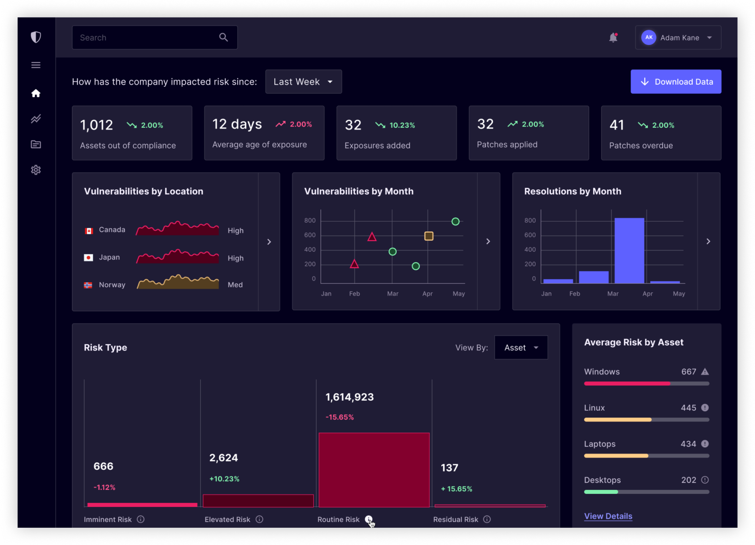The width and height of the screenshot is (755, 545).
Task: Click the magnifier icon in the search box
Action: click(x=223, y=37)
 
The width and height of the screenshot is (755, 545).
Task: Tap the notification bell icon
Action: click(x=613, y=38)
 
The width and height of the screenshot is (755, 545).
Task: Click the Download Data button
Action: click(x=676, y=82)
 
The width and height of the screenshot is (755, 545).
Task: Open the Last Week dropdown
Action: click(x=304, y=82)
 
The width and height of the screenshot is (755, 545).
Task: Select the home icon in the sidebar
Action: click(x=36, y=93)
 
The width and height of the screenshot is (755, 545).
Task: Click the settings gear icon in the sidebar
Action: click(x=36, y=170)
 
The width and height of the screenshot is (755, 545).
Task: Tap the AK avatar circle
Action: click(x=649, y=37)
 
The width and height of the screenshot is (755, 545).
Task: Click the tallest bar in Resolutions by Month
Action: click(x=629, y=250)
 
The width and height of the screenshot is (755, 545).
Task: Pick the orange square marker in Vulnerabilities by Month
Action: click(x=429, y=236)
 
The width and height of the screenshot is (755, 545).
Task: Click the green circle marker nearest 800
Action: click(x=455, y=221)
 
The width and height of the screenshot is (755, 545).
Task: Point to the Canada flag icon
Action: click(x=89, y=231)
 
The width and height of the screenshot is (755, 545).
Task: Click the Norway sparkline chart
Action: click(x=178, y=283)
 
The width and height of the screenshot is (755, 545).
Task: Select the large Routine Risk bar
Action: click(x=374, y=470)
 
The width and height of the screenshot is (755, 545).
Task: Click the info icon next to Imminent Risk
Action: click(x=141, y=519)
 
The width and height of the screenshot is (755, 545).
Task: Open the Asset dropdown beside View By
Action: click(x=521, y=348)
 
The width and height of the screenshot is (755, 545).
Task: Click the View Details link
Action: click(x=608, y=516)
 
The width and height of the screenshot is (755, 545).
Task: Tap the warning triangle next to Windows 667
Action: click(x=705, y=372)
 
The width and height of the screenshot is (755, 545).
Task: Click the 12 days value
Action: click(x=237, y=124)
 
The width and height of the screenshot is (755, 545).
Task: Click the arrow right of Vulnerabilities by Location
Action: click(x=269, y=242)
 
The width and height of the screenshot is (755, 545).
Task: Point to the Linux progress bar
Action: click(x=647, y=420)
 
